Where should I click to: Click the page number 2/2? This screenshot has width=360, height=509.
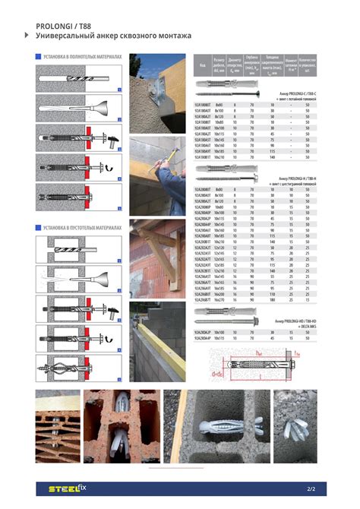click(x=311, y=488)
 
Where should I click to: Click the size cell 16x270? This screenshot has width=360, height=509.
click(x=219, y=299)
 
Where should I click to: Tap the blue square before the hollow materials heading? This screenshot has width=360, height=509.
click(x=38, y=227)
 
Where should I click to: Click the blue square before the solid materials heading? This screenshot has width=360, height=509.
click(x=38, y=57)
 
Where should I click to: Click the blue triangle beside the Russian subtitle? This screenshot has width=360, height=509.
click(x=28, y=36)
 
